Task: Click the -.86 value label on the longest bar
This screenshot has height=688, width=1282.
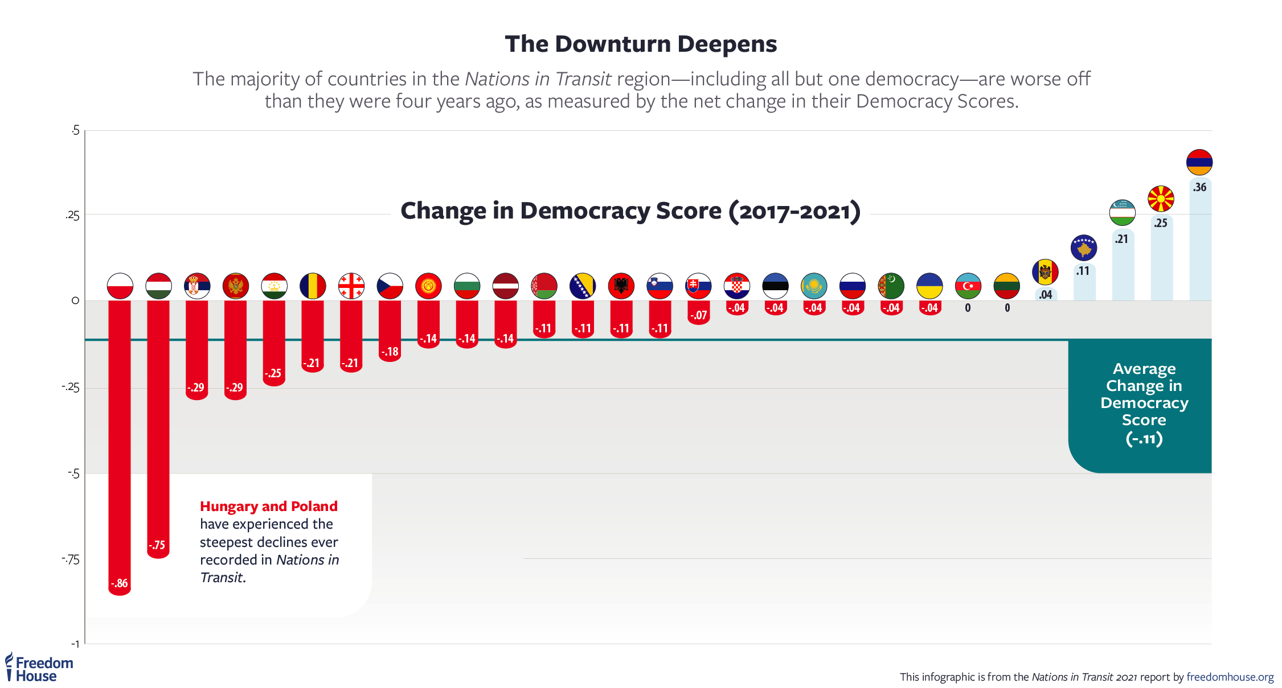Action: pos(120,583)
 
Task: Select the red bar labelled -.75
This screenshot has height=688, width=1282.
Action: pos(158,427)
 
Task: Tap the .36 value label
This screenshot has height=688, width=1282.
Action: pos(1200,187)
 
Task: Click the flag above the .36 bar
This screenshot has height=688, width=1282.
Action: pos(1199,162)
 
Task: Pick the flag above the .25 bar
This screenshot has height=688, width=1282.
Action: pos(1161,199)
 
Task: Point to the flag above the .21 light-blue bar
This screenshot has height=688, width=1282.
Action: pos(1122,213)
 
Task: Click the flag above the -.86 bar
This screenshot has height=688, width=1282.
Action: pos(120,286)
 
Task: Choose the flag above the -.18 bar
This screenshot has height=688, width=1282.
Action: pos(390,286)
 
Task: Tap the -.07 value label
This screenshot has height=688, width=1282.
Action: pos(698,315)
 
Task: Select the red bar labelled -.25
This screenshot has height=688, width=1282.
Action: pos(274,341)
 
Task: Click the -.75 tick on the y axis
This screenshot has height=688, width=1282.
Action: pos(71,559)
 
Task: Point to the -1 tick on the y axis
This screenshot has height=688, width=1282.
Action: pos(75,644)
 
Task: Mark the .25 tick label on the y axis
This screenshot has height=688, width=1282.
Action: pos(72,215)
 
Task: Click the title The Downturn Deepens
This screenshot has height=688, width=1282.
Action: pos(641,44)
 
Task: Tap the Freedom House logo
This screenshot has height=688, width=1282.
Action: pos(39,669)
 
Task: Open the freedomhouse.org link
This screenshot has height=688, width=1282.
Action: pos(1230,677)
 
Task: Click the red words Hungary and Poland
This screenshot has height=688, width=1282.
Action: pos(269,506)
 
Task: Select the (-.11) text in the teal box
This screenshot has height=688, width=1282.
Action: pos(1144,439)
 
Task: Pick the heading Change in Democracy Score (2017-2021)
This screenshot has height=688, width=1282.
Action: pos(630,211)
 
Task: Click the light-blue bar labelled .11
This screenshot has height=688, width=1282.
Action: pos(1084,285)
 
